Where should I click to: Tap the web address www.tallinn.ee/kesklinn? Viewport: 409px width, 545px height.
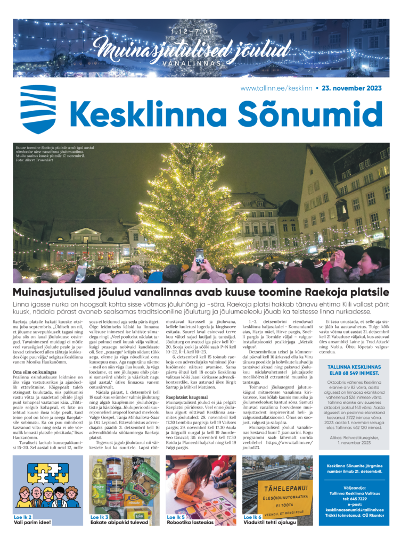point(276,88)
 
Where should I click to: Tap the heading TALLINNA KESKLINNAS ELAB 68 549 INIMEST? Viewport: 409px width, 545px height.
point(356,370)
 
